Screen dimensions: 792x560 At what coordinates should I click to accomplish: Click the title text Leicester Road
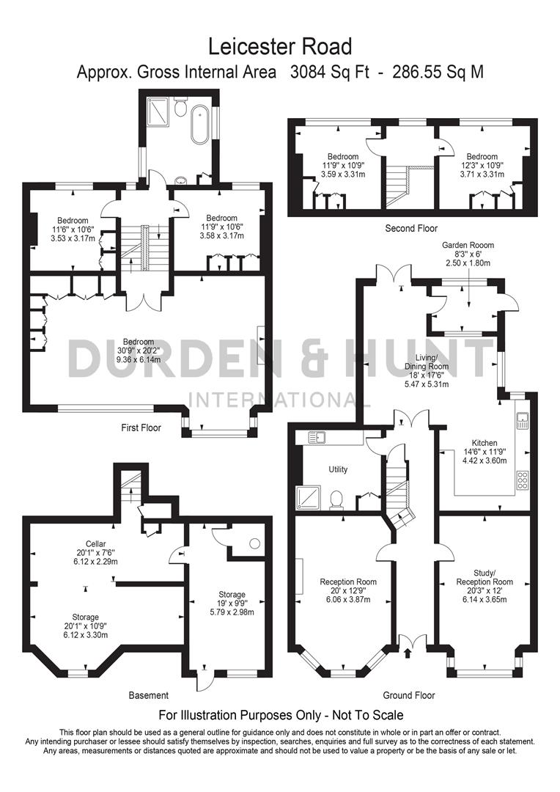point(280,47)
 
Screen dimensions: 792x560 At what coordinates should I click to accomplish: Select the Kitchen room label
point(485,443)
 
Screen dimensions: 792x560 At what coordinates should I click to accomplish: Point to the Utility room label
point(338,469)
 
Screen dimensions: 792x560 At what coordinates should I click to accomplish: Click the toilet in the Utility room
point(336,499)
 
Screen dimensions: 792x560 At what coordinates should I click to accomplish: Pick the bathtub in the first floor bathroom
point(199,124)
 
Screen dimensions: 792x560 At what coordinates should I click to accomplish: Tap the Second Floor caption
point(411,229)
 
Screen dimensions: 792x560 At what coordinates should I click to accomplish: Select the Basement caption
point(148,695)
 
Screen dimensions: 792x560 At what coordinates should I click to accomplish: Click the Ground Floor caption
point(409,695)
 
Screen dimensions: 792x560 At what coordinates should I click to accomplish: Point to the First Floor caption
point(141,427)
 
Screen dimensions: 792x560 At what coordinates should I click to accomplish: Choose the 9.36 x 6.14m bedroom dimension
point(139,360)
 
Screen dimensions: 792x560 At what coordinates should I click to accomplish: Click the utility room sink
point(317,438)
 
